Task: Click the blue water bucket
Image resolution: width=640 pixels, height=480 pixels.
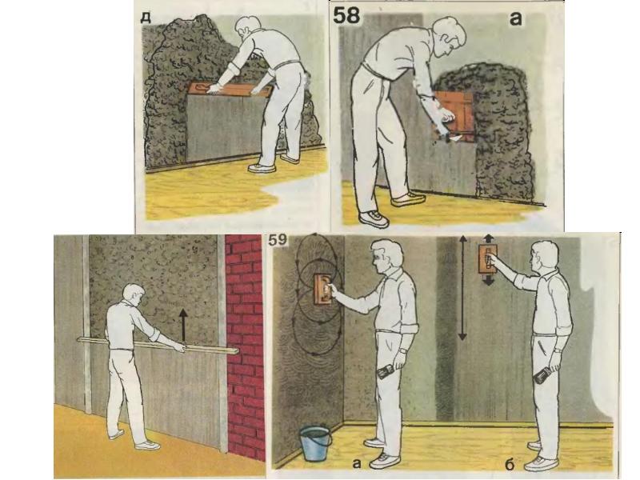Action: (315, 443)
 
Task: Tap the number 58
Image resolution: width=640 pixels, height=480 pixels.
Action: (347, 16)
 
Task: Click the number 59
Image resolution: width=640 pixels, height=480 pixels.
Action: (278, 240)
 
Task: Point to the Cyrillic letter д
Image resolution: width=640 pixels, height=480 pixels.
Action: (146, 17)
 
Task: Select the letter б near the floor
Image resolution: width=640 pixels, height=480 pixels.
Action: (509, 464)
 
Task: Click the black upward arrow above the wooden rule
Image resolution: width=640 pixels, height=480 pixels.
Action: (183, 325)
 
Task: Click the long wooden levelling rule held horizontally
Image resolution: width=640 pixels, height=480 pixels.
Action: (158, 345)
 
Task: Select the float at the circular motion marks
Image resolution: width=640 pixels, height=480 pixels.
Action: (323, 289)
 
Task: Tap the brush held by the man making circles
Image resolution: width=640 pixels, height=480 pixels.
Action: (386, 371)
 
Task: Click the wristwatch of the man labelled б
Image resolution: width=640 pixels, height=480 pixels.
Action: (558, 350)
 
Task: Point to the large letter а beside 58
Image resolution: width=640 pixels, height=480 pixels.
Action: (516, 18)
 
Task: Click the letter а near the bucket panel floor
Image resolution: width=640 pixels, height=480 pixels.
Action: (357, 463)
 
